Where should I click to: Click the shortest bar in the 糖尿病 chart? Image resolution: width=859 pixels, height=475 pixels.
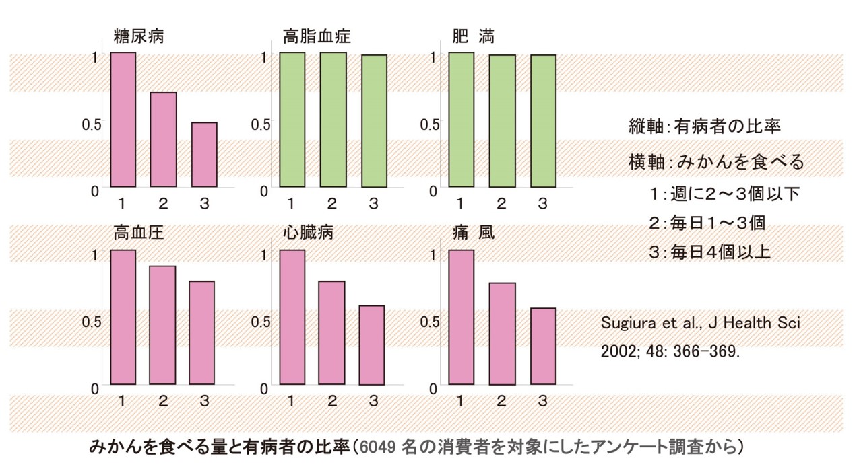[x=204, y=155]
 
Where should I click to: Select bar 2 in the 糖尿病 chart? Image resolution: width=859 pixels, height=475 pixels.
[x=163, y=139]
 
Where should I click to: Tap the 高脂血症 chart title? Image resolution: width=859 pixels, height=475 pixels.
[x=317, y=36]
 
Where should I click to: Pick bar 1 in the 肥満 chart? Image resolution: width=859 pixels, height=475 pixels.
[x=461, y=119]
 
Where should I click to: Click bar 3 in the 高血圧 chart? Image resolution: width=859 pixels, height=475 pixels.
[x=201, y=332]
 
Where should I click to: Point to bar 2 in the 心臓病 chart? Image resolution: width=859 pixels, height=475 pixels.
[x=331, y=332]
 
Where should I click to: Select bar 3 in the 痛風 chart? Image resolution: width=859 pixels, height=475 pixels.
[x=542, y=346]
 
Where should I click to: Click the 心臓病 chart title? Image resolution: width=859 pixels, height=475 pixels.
[x=308, y=233]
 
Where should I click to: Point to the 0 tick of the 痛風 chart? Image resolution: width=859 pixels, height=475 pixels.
[x=433, y=388]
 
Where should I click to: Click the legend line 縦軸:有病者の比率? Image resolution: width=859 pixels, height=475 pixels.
[x=704, y=126]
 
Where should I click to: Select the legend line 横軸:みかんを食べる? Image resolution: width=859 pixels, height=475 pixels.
[x=716, y=162]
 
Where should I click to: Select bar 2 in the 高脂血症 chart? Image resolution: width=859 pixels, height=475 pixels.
[x=333, y=119]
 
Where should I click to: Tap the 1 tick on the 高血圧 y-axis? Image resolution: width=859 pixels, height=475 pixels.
[x=94, y=255]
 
